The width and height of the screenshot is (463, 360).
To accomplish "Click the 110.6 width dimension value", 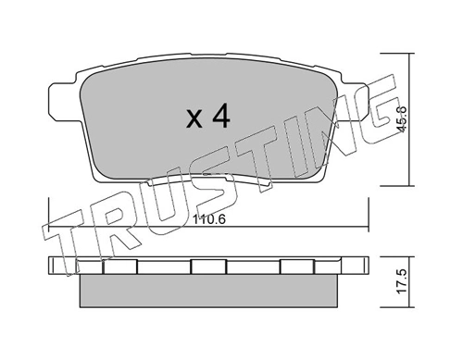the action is [x=209, y=219].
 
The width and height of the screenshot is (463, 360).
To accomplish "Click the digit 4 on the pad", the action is [x=221, y=116].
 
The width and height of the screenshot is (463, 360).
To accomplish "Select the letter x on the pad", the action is [x=194, y=119].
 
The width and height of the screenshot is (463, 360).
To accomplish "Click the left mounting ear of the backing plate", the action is [x=62, y=101].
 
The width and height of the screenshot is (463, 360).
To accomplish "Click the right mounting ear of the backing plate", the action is [x=355, y=101].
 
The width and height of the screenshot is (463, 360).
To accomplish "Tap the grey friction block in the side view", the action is [x=208, y=291].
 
